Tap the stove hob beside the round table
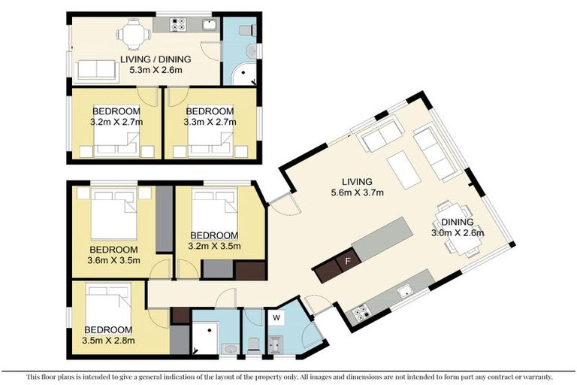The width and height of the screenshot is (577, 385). tap(180, 26)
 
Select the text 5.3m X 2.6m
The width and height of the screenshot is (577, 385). tap(156, 70)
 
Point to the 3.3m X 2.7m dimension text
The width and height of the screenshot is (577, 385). tap(210, 121)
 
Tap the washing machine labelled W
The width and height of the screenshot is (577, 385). tap(276, 317)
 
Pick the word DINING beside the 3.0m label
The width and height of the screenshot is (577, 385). tap(457, 222)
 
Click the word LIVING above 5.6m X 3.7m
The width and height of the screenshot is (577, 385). tap(358, 181)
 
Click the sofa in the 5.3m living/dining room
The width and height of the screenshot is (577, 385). tap(94, 70)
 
